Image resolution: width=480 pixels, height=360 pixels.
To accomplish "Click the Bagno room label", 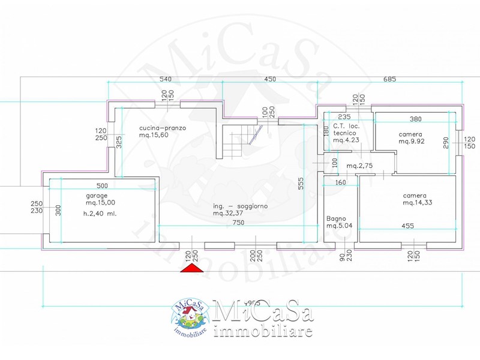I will coord(335,219).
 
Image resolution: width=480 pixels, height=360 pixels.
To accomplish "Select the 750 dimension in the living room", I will coord(238,221).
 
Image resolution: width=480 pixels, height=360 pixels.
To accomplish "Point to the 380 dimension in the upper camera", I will coord(415,119).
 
